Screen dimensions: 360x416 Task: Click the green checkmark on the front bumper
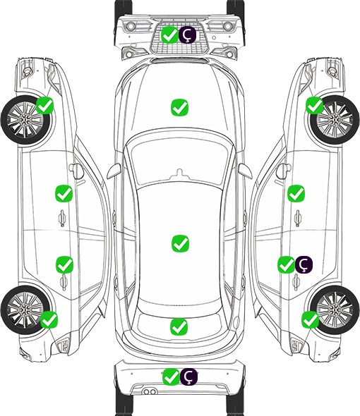[x=169, y=35]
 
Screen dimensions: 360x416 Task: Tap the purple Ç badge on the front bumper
[x=187, y=35]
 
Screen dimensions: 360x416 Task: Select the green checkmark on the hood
[x=179, y=107]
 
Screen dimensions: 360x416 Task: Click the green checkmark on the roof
[x=181, y=243]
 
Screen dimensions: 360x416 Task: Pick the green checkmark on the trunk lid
[x=179, y=326]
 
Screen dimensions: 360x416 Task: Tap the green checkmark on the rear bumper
[x=171, y=377]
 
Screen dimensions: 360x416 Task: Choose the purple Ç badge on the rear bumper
[x=189, y=377]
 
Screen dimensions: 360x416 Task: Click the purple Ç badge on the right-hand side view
[x=304, y=264]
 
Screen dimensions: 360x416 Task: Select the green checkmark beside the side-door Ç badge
[x=286, y=264]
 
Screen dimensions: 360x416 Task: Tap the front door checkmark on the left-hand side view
[x=64, y=193]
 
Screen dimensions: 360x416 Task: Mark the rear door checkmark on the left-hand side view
[x=64, y=264]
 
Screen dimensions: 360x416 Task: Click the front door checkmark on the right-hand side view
[x=296, y=193]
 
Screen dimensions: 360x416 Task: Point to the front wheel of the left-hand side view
[x=25, y=120]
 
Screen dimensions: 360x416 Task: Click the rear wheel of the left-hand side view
[x=25, y=310]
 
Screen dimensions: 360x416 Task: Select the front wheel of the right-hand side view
[x=335, y=120]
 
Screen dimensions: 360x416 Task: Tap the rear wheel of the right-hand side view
[x=335, y=310]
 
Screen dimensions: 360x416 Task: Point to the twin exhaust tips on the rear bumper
[x=150, y=392]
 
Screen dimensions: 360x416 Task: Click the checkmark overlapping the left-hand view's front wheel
[x=45, y=105]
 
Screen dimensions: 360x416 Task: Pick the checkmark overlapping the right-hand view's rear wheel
[x=310, y=319]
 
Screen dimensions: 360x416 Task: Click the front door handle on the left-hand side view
[x=62, y=218]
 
